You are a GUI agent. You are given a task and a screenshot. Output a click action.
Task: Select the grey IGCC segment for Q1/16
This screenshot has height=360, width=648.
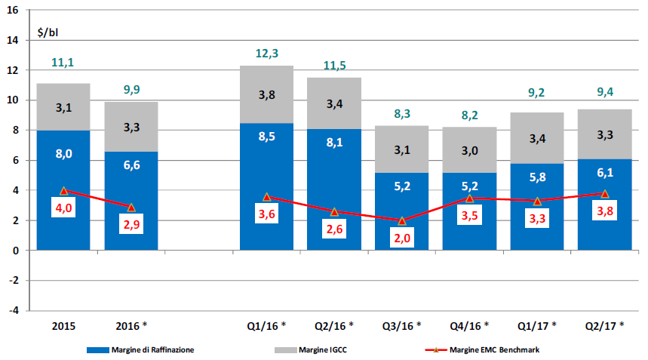[266, 94]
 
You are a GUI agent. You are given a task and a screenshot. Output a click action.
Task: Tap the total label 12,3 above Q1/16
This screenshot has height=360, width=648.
[266, 53]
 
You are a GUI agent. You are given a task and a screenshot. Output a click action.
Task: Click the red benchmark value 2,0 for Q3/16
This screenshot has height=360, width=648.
[401, 238]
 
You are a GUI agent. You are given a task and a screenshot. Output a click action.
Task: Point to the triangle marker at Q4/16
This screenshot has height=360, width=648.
[469, 198]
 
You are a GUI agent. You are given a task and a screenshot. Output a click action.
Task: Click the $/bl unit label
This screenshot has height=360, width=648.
[48, 34]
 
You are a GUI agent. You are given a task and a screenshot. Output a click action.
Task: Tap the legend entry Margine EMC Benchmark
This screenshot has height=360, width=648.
[494, 349]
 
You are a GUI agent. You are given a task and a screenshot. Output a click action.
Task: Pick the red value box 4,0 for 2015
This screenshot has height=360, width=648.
[63, 208]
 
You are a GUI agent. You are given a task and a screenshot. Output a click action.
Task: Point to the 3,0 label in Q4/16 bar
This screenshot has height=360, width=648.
[469, 149]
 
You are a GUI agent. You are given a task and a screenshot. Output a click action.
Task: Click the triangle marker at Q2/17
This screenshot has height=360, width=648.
[604, 193]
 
